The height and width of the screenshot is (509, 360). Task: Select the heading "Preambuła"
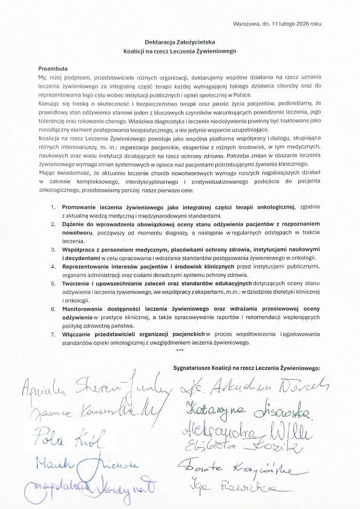tap(53, 70)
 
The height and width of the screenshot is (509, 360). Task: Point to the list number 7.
tap(53, 334)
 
